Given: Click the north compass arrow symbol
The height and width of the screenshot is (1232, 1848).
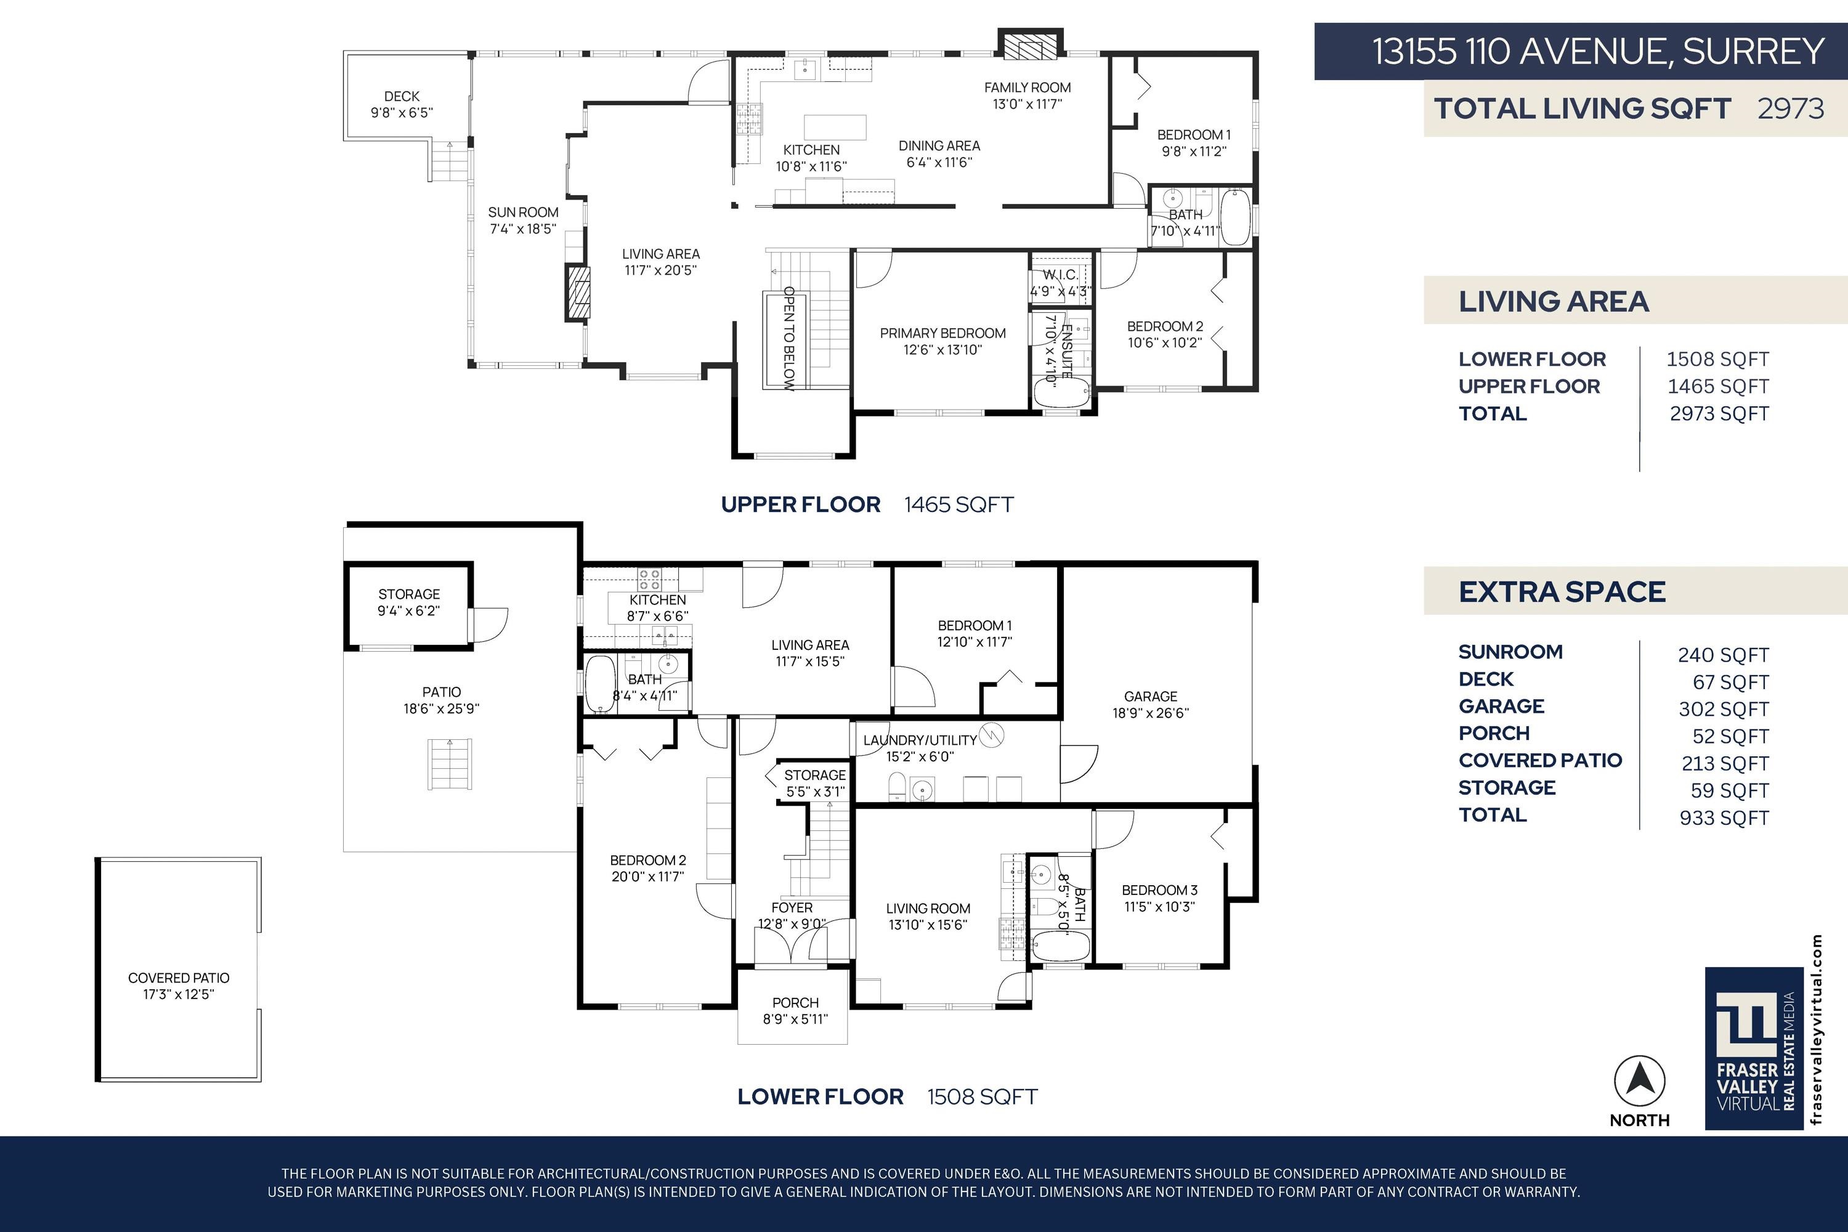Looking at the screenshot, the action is [x=1640, y=1082].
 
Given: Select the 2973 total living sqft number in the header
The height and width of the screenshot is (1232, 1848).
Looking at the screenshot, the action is [x=1791, y=108].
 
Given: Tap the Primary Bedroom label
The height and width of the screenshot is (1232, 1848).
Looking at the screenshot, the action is [x=943, y=333].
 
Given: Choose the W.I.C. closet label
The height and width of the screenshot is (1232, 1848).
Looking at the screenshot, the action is [x=1061, y=275].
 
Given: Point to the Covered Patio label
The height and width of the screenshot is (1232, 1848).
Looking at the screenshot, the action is [x=179, y=978].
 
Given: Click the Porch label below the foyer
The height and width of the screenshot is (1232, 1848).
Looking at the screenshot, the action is [x=795, y=1003].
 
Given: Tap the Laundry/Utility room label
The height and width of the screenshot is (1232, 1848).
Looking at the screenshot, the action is [x=920, y=740].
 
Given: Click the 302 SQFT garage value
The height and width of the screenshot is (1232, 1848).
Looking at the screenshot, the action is [x=1724, y=710].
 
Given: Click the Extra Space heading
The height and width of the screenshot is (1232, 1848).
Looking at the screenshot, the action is [x=1562, y=591].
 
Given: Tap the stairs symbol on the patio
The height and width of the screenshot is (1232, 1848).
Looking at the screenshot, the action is [x=450, y=764].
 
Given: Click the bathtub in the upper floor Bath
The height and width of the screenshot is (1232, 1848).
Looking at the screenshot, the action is [x=1236, y=216].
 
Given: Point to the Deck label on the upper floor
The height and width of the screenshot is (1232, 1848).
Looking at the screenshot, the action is [x=402, y=97].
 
